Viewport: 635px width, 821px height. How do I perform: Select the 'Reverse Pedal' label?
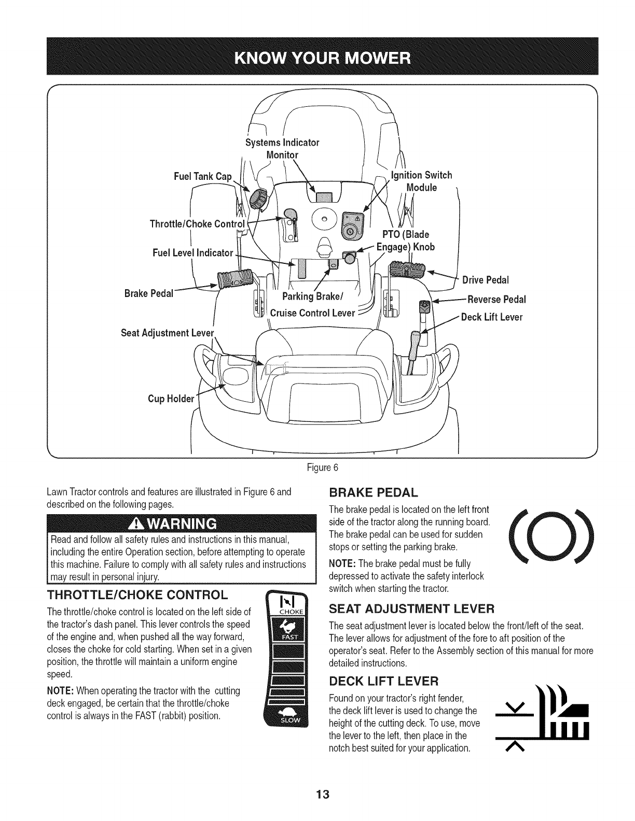point(496,300)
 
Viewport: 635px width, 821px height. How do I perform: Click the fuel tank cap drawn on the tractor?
point(258,199)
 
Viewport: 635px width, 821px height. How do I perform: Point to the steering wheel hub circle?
point(324,219)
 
